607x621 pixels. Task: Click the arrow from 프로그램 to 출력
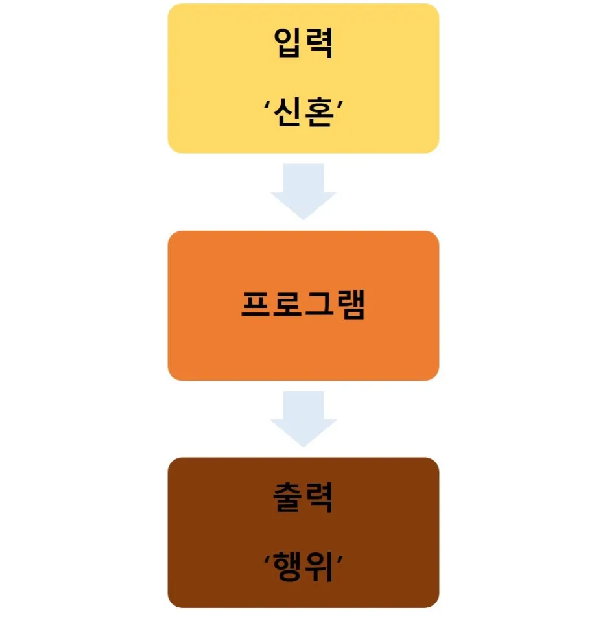[x=303, y=417]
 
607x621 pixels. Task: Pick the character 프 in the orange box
[x=256, y=305]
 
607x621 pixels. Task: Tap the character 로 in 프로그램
[x=287, y=305]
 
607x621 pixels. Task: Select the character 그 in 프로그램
[x=318, y=305]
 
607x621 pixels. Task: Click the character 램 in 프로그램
[x=350, y=305]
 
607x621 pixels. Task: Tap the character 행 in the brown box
[x=289, y=566]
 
